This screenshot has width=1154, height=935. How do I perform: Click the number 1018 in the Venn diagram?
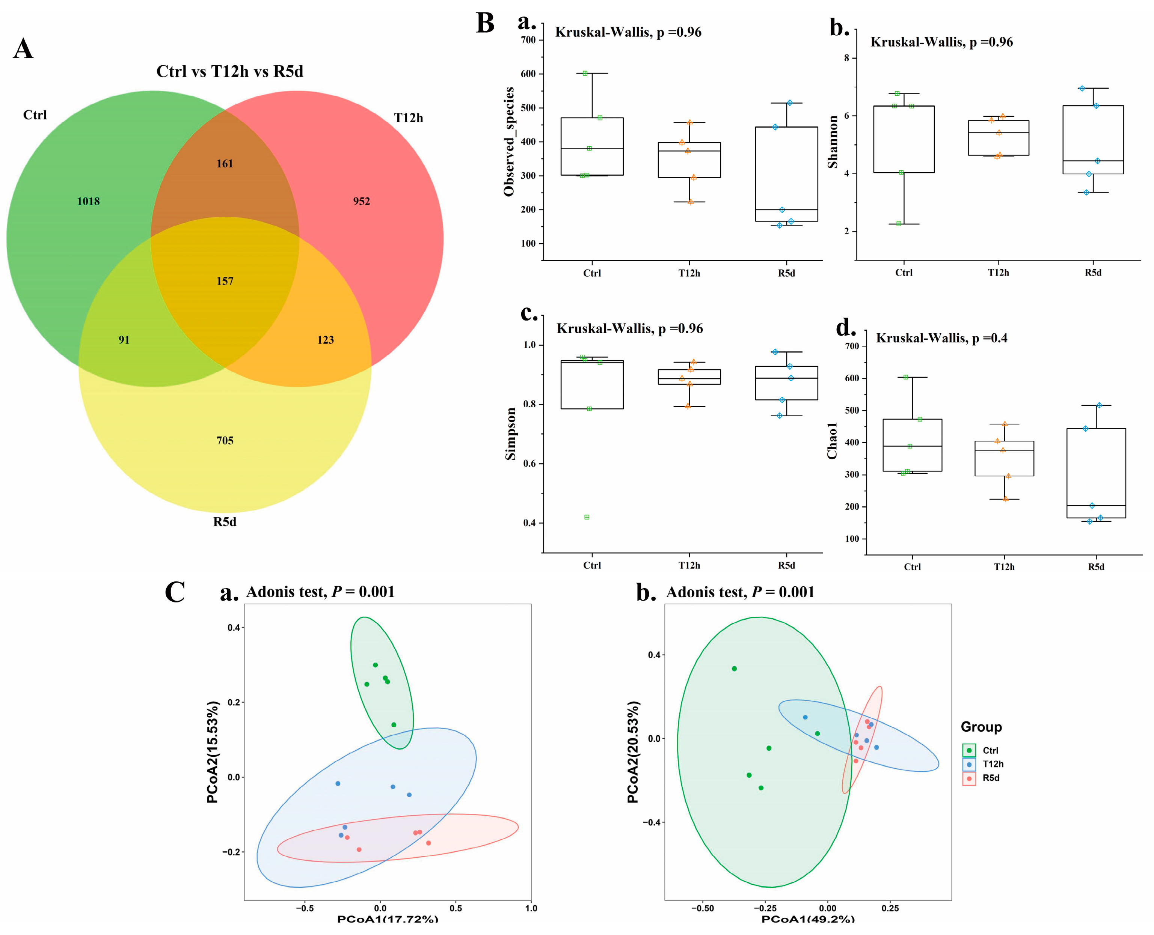(x=88, y=202)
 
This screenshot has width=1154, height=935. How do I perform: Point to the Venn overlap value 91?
(x=124, y=340)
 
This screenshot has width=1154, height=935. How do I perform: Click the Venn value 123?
(x=326, y=340)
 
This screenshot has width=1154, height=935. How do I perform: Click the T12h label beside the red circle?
(x=408, y=118)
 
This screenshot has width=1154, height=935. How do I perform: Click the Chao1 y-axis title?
(x=833, y=441)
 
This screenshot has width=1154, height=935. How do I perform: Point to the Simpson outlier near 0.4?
(x=587, y=517)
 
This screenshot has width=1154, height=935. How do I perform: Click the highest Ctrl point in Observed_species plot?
(x=585, y=73)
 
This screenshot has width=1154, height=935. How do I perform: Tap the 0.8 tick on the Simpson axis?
(x=529, y=404)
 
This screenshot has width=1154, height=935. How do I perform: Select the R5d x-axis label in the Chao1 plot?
(x=1096, y=567)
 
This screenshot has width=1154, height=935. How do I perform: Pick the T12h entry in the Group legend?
(x=993, y=764)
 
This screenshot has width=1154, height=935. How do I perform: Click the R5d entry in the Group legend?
(x=990, y=778)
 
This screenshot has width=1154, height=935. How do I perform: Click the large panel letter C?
(x=175, y=592)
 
